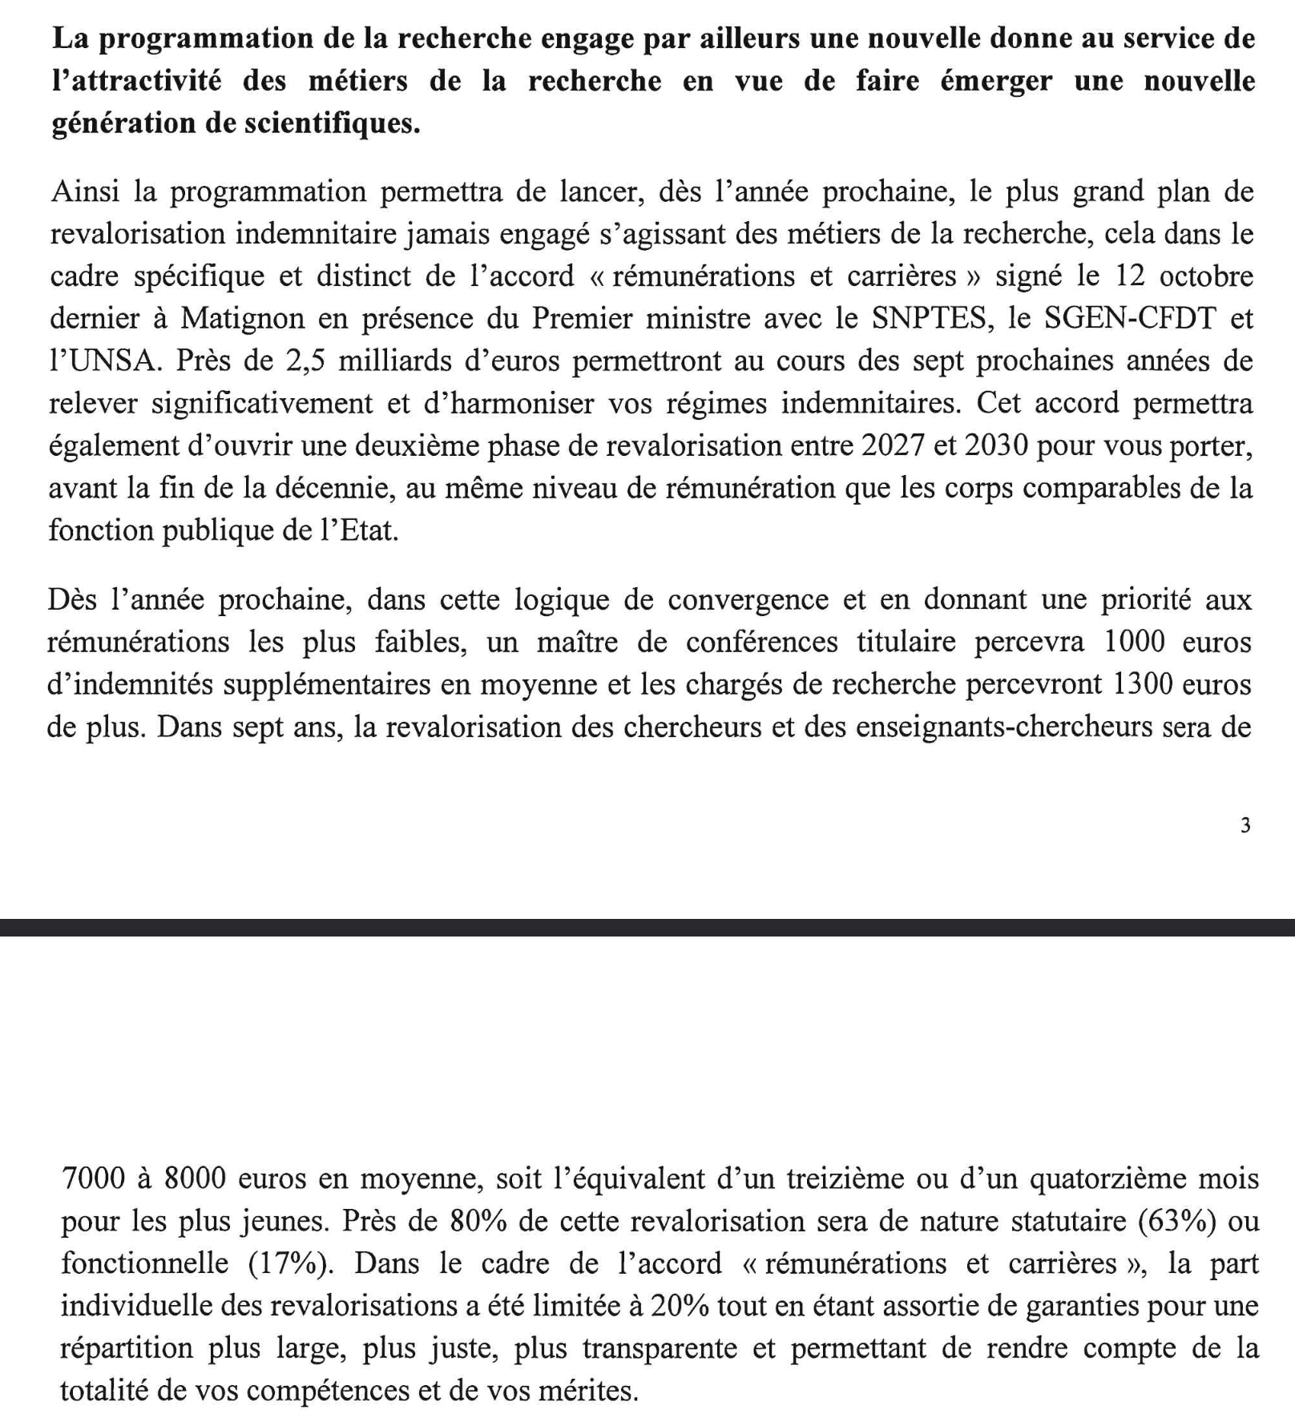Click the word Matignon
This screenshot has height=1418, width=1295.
242,319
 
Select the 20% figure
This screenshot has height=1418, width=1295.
680,1307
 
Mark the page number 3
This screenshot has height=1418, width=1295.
1245,826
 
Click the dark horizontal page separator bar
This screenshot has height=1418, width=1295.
647,927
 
